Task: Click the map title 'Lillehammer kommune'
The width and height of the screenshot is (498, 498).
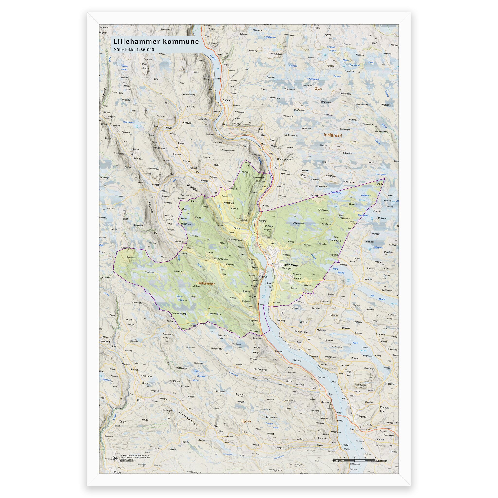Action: pos(156,42)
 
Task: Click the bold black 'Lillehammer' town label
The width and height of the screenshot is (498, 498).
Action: pos(289,265)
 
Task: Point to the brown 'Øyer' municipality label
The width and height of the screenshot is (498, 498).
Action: pos(318,89)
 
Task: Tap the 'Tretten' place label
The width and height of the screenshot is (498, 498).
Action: pos(226,100)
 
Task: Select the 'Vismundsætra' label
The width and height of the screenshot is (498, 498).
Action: pos(179,313)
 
